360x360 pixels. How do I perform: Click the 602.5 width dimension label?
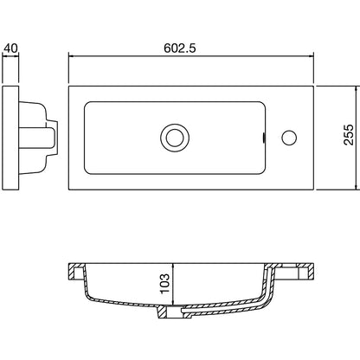(x=180, y=48)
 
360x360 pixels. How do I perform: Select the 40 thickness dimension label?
(x=10, y=48)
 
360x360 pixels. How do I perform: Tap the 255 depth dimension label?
(x=348, y=134)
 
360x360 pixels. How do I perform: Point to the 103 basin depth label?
(x=164, y=283)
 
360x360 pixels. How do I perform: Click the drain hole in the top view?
(x=175, y=138)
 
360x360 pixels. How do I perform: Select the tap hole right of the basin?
(x=289, y=138)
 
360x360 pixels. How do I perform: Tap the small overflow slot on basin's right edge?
(x=264, y=138)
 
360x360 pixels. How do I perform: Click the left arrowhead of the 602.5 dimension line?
(x=71, y=56)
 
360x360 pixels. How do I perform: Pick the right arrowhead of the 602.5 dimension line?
(x=311, y=56)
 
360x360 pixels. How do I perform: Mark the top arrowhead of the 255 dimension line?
(x=357, y=89)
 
